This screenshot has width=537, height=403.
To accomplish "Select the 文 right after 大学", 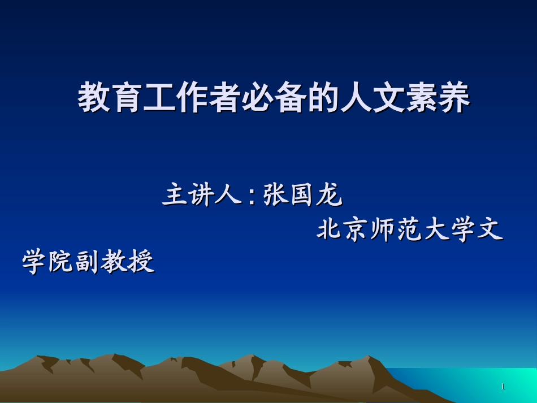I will point(491,230).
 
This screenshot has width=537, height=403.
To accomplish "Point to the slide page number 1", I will point(503,387).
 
